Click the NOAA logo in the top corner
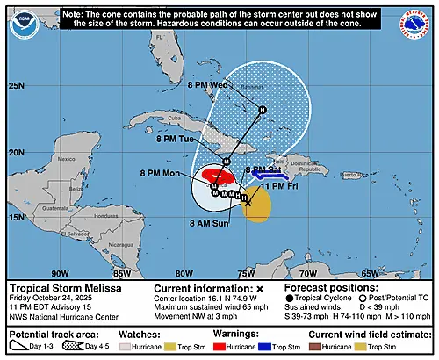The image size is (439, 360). pos(24,23)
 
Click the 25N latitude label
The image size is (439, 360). pos(17,86)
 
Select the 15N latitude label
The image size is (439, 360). pos(17,216)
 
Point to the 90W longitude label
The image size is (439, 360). pos(61,273)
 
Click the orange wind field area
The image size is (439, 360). pos(256,211)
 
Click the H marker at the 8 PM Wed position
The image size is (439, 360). pos(262,109)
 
